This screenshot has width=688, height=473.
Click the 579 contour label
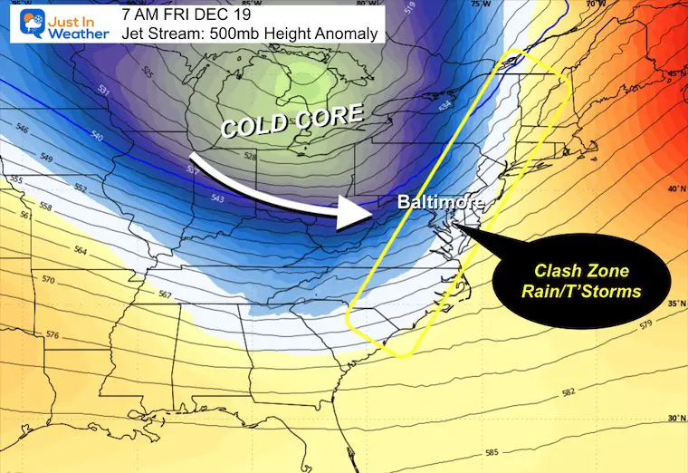pos(645,324)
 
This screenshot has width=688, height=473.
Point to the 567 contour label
pos(165,294)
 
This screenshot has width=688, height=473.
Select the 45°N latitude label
pos(673,73)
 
